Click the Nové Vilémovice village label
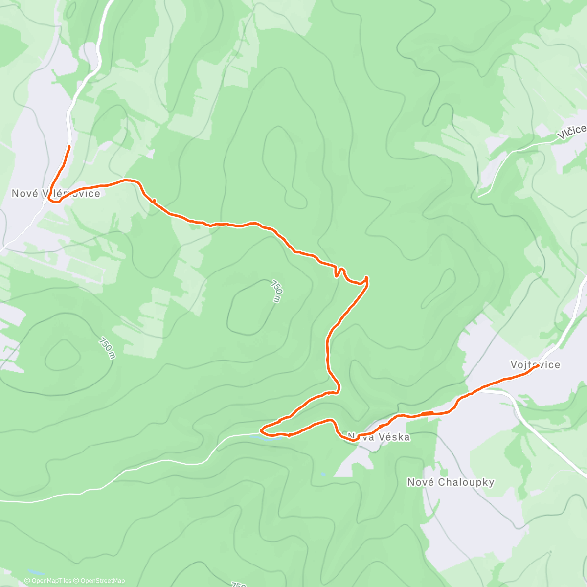[56, 194]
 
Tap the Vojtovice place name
[535, 365]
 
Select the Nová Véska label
[379, 437]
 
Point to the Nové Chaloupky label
[451, 482]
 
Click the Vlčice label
[573, 130]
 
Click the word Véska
[394, 437]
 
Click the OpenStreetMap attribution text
[102, 581]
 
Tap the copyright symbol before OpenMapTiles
[27, 581]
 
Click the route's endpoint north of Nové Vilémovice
[69, 146]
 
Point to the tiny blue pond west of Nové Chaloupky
[323, 474]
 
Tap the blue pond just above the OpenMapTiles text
[36, 571]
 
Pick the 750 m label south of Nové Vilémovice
[106, 348]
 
